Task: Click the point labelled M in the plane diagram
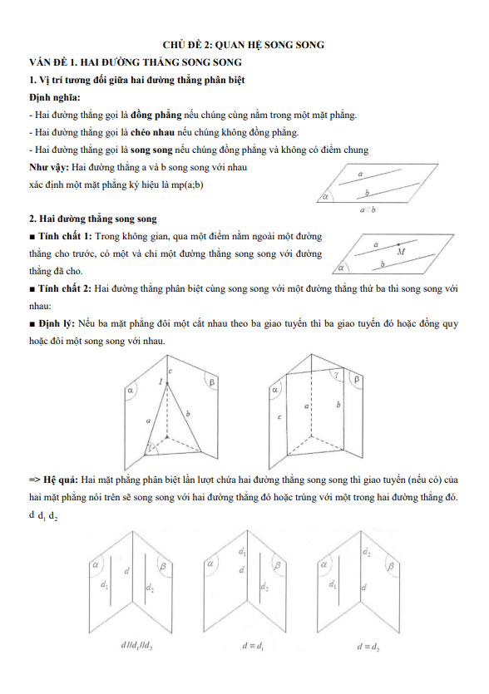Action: tap(398, 244)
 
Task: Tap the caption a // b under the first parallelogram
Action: tap(368, 209)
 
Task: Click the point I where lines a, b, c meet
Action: tap(167, 384)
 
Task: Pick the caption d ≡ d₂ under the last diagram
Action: tap(368, 647)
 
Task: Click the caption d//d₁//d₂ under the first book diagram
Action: tap(137, 646)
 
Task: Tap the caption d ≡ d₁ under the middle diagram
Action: tap(253, 646)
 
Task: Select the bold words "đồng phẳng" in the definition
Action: tap(156, 116)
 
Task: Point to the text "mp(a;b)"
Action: tap(187, 185)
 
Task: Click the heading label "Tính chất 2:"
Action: tap(65, 288)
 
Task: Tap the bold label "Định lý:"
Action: tap(57, 323)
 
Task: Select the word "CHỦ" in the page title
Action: tap(173, 45)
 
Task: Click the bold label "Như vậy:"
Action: tap(49, 167)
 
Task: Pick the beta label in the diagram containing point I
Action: tap(212, 382)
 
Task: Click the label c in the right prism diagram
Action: tap(279, 417)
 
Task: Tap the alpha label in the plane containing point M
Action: tap(341, 268)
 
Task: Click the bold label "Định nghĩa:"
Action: tap(55, 98)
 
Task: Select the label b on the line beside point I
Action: tap(188, 414)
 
